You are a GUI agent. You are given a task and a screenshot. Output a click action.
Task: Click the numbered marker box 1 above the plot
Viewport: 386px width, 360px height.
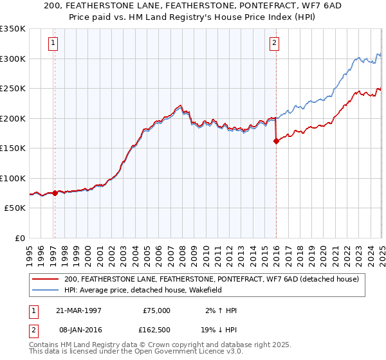(x=53, y=44)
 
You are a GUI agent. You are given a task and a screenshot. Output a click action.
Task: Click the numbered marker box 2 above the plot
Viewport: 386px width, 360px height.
(x=275, y=44)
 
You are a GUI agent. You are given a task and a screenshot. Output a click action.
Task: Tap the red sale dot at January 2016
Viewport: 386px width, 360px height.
(x=276, y=141)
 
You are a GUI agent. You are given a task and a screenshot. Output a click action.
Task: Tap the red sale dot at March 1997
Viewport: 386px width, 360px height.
(x=55, y=193)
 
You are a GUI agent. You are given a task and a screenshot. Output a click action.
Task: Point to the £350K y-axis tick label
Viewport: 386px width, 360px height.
(x=13, y=29)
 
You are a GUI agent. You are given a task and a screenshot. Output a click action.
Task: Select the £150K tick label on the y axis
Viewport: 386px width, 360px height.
(x=13, y=148)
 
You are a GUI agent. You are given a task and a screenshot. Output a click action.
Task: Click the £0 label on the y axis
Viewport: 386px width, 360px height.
(x=21, y=238)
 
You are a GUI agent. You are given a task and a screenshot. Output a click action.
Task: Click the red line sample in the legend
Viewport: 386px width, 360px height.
(x=46, y=279)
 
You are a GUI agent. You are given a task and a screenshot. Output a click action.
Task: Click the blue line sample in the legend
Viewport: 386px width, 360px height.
(x=46, y=290)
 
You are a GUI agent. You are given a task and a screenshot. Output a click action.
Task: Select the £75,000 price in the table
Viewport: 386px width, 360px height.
(x=156, y=310)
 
